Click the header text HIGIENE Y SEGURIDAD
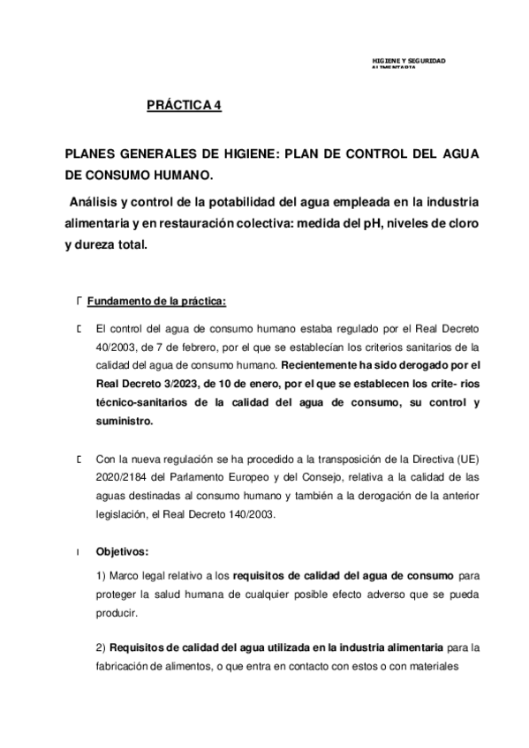pos(409,60)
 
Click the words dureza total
pos(110,246)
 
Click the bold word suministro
pos(124,422)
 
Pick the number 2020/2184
pos(121,478)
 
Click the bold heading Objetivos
pos(123,552)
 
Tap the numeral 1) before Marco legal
pos(102,575)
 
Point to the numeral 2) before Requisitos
pos(102,648)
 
